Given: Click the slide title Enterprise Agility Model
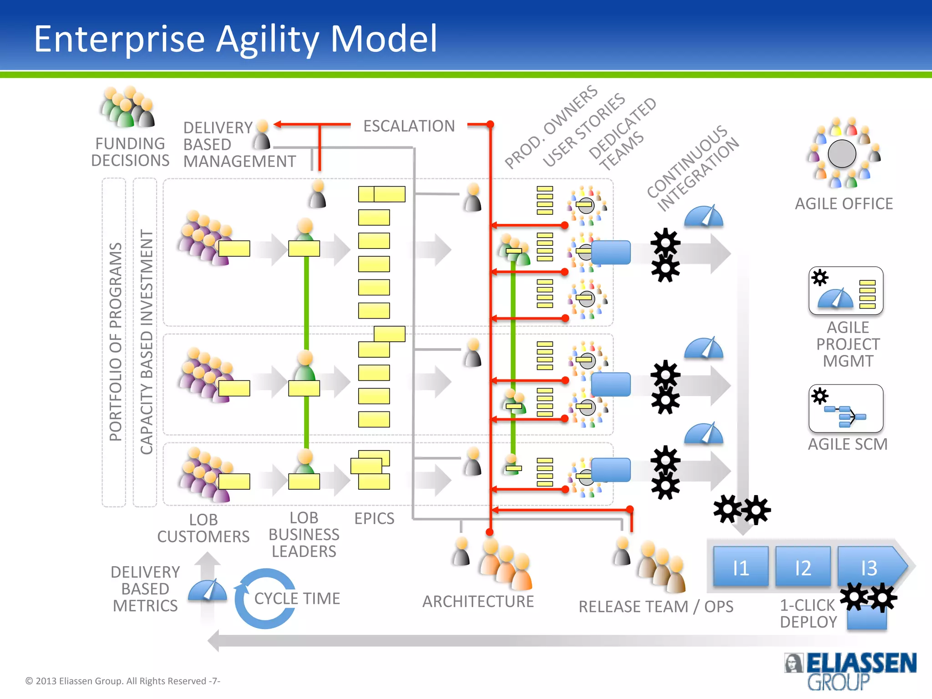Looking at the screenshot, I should pyautogui.click(x=235, y=39).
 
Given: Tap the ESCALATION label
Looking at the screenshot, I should pyautogui.click(x=409, y=126).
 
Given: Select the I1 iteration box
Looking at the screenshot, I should pyautogui.click(x=740, y=567).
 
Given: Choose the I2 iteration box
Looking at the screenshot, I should pyautogui.click(x=803, y=567).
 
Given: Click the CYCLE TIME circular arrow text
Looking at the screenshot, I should pyautogui.click(x=297, y=598).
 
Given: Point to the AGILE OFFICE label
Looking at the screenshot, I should pyautogui.click(x=843, y=203).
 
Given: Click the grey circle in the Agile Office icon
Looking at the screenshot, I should pyautogui.click(x=842, y=154).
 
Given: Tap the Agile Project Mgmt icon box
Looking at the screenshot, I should pyautogui.click(x=846, y=290).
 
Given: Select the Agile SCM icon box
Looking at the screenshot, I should pyautogui.click(x=846, y=408).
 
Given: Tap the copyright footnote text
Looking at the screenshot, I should pyautogui.click(x=122, y=681).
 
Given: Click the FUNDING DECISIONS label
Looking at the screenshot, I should pyautogui.click(x=130, y=152).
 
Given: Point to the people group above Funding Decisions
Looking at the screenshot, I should pyautogui.click(x=128, y=107).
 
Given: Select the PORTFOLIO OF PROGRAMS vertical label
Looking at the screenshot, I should pyautogui.click(x=115, y=341).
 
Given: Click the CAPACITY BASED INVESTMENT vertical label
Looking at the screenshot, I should pyautogui.click(x=146, y=341).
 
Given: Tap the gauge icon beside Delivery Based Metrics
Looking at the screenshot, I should pyautogui.click(x=208, y=590).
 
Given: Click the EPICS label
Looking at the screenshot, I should pyautogui.click(x=374, y=518).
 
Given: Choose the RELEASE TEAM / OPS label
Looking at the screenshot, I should pyautogui.click(x=655, y=607).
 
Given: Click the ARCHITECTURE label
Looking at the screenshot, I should pyautogui.click(x=478, y=601).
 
